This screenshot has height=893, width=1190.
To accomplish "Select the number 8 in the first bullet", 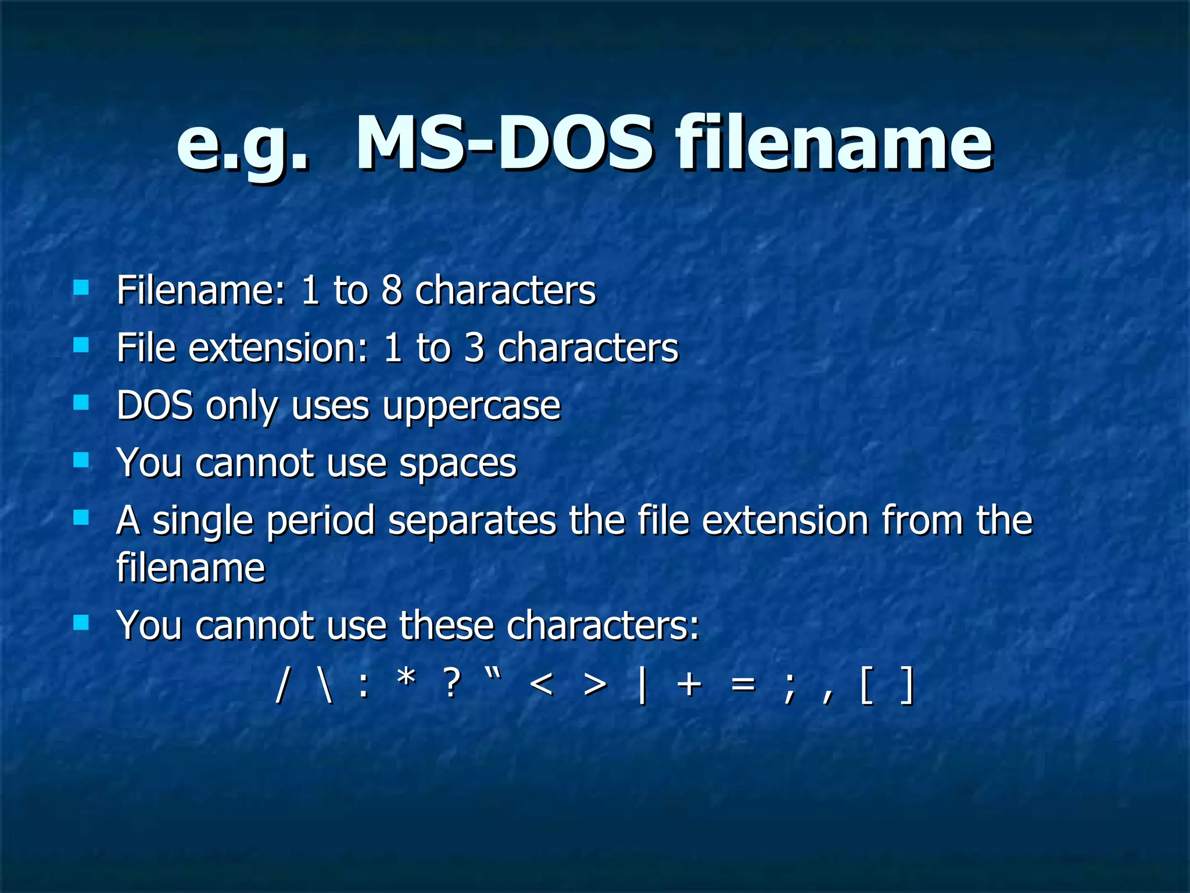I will (x=392, y=290).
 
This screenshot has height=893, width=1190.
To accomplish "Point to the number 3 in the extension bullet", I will (x=474, y=348).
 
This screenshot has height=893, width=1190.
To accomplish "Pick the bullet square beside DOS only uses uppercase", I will (x=81, y=402).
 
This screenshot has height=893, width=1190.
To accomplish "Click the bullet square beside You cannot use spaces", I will (x=81, y=460).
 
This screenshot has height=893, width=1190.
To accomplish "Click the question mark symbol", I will (x=452, y=684).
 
